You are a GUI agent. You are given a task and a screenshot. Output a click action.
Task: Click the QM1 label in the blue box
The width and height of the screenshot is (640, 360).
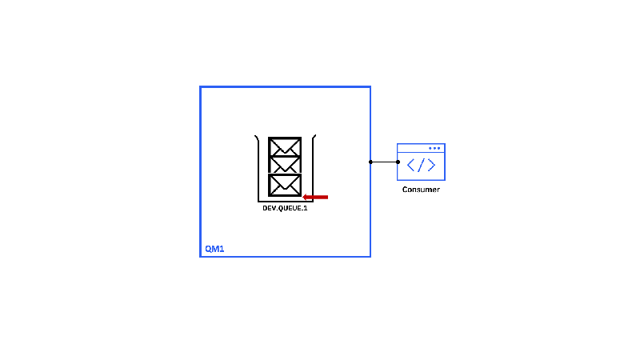214,249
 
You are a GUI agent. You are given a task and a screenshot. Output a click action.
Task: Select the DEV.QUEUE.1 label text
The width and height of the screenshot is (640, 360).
285,208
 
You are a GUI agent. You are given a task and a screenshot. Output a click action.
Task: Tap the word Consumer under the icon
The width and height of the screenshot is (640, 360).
421,190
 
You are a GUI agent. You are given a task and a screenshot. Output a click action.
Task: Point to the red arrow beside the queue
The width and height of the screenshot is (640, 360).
316,196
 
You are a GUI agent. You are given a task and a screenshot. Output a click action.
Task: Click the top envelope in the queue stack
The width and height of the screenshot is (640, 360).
285,147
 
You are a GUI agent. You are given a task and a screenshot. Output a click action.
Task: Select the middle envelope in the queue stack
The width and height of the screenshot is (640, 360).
285,165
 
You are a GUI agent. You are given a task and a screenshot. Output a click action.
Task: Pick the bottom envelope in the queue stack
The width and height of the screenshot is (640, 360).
285,184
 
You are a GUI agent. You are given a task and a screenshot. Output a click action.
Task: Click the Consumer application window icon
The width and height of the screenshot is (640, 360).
421,162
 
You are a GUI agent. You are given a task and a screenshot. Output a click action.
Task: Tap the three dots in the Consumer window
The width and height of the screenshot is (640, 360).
434,148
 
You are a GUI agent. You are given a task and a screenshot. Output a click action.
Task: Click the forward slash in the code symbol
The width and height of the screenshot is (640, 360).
421,166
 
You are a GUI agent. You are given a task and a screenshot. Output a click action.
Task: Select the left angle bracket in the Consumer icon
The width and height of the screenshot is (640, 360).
411,166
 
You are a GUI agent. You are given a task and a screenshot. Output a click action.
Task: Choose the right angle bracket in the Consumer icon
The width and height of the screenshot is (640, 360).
431,166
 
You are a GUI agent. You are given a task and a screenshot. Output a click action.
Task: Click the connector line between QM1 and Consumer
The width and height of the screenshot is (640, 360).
384,162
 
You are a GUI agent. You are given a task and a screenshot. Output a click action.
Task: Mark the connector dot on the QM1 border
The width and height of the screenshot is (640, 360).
370,162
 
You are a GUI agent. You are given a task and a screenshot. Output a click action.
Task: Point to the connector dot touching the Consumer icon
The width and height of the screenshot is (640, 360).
398,162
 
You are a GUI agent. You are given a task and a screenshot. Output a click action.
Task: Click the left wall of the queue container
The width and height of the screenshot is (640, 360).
258,168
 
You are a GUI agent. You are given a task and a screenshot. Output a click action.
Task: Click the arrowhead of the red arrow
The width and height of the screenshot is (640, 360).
306,196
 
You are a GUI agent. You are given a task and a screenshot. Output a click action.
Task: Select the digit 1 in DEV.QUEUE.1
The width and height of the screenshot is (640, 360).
306,208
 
